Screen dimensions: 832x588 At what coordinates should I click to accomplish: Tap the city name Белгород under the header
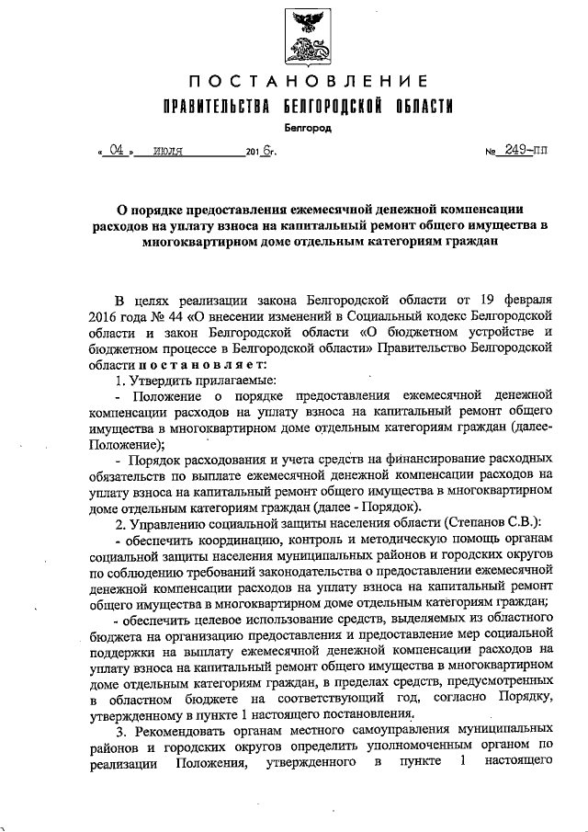click(x=300, y=130)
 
